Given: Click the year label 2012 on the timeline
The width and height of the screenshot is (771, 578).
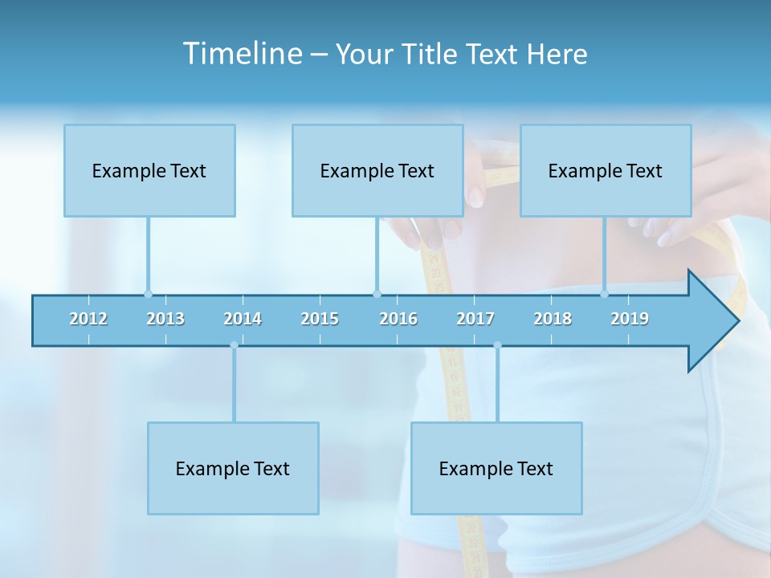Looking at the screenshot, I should (x=88, y=319).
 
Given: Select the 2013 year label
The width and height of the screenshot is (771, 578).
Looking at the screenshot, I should (x=165, y=319).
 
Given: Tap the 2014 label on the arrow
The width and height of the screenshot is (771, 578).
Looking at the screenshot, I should (x=243, y=319).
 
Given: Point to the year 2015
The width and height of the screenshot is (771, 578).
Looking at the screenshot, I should (x=320, y=319).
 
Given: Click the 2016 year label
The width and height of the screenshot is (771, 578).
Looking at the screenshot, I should (x=398, y=319).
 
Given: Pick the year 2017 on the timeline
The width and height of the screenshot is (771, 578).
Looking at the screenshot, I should (x=475, y=319).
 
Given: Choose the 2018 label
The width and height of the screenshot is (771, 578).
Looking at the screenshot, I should (x=553, y=319).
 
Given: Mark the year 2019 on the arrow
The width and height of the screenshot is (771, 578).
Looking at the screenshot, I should (x=630, y=319).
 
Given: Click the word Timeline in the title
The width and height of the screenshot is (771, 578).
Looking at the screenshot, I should (x=241, y=54).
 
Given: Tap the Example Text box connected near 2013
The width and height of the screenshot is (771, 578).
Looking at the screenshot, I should (x=149, y=170).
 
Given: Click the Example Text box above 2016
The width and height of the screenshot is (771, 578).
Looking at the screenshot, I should (x=377, y=170).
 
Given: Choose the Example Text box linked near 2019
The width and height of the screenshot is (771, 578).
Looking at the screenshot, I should (x=606, y=170).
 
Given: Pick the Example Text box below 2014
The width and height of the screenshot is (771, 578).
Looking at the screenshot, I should (x=233, y=468).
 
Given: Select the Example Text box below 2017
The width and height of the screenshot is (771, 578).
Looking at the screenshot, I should (x=496, y=468).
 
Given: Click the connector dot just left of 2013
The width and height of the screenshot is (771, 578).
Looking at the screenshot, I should (x=148, y=294).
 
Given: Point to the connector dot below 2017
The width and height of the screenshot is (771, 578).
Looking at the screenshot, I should (x=497, y=345).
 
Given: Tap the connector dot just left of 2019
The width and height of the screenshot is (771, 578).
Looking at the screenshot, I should (x=604, y=294).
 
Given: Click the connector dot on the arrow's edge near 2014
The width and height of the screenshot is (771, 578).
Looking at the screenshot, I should (x=234, y=345).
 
